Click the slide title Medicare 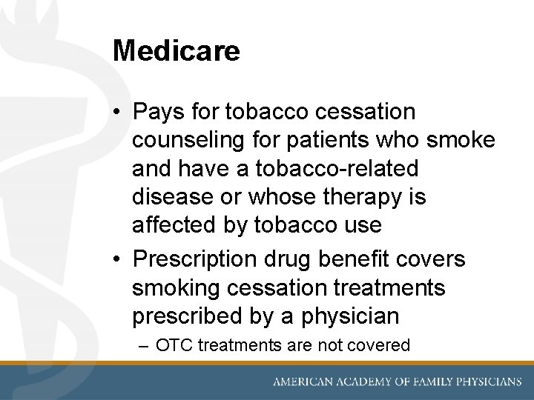[x=177, y=51]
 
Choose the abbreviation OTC [x=172, y=345]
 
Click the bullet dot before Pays [x=119, y=113]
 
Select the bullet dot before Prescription [x=119, y=260]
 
